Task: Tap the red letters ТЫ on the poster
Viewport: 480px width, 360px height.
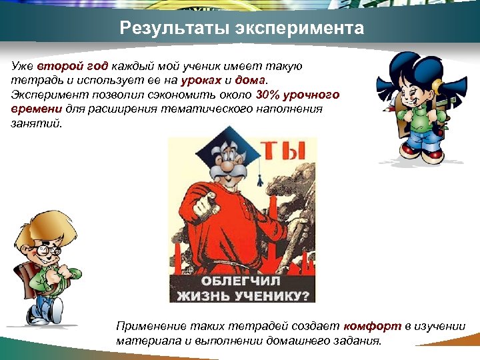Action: coord(288,157)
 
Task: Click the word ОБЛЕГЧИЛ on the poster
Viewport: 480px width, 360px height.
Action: coord(242,281)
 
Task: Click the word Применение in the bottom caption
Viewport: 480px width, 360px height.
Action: coord(148,326)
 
